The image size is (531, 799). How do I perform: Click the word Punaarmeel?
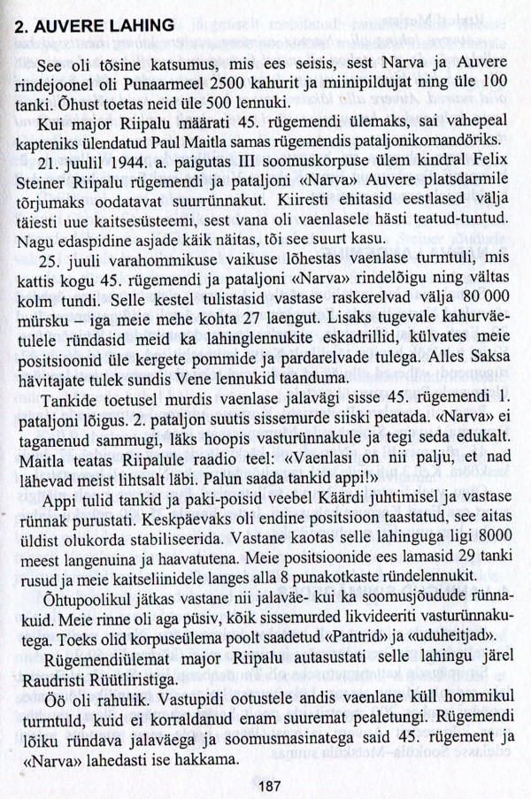click(x=200, y=88)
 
